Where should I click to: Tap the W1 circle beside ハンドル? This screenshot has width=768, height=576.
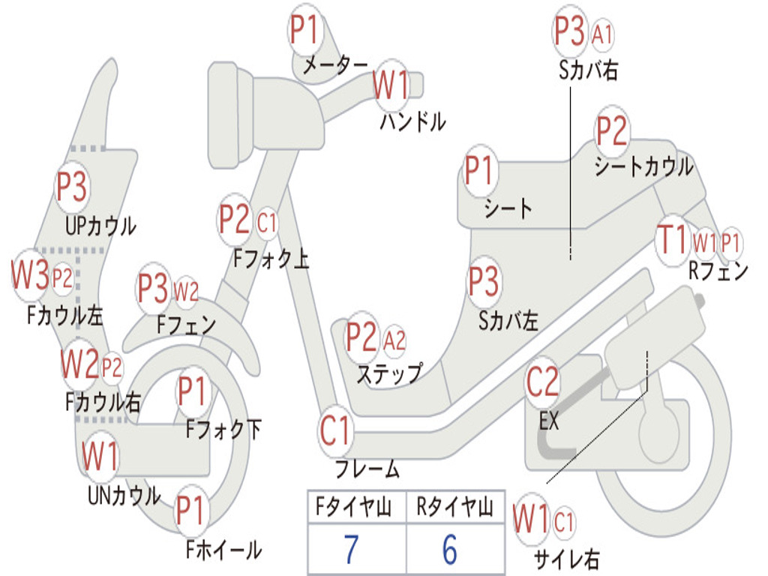click(x=391, y=85)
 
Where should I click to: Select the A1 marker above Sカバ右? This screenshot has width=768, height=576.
click(x=602, y=34)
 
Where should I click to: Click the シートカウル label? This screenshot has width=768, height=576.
click(x=643, y=166)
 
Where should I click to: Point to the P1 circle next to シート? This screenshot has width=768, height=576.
click(x=479, y=171)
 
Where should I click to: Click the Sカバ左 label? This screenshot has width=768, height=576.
click(x=508, y=320)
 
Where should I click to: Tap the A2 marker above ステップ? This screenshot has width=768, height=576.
click(x=394, y=341)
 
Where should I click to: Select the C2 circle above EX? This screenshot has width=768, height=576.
click(x=542, y=383)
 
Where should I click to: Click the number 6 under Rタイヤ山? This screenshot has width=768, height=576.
click(x=450, y=550)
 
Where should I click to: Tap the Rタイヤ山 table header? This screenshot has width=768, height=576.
click(x=454, y=508)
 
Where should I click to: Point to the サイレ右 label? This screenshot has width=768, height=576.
click(x=566, y=558)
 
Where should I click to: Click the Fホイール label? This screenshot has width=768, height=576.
click(x=223, y=550)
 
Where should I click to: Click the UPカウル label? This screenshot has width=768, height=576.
click(x=101, y=225)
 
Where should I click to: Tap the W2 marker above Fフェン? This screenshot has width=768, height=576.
click(x=186, y=290)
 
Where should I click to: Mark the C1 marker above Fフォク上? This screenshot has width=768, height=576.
click(x=267, y=222)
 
